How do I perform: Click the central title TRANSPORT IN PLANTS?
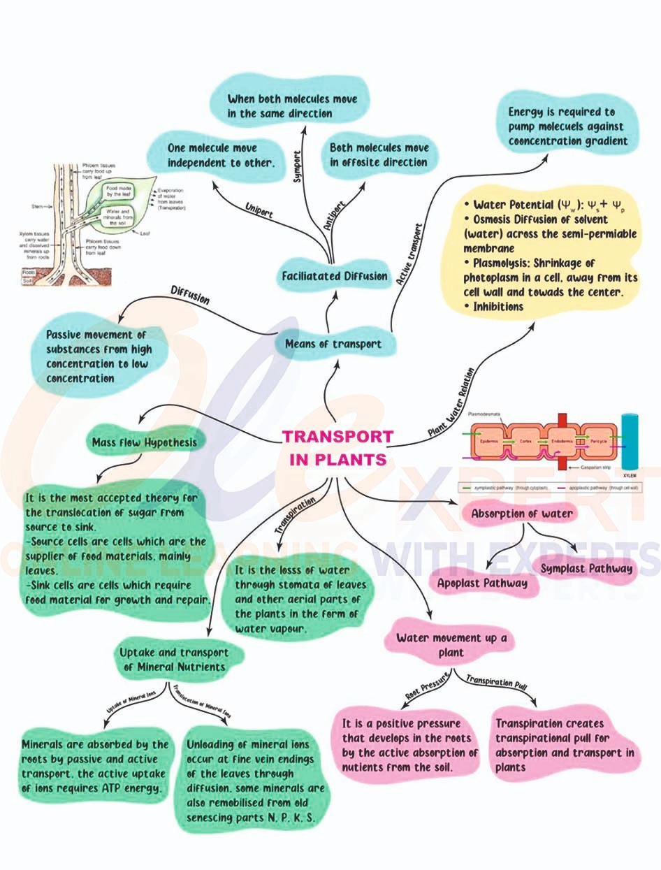click(337, 448)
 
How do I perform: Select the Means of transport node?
click(333, 343)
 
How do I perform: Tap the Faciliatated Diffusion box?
click(335, 276)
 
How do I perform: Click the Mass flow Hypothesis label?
click(145, 442)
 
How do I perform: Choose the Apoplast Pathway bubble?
click(483, 582)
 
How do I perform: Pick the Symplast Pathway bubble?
click(586, 567)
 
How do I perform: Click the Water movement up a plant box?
click(451, 645)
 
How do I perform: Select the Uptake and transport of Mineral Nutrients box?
click(175, 660)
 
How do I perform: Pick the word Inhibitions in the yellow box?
click(498, 306)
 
